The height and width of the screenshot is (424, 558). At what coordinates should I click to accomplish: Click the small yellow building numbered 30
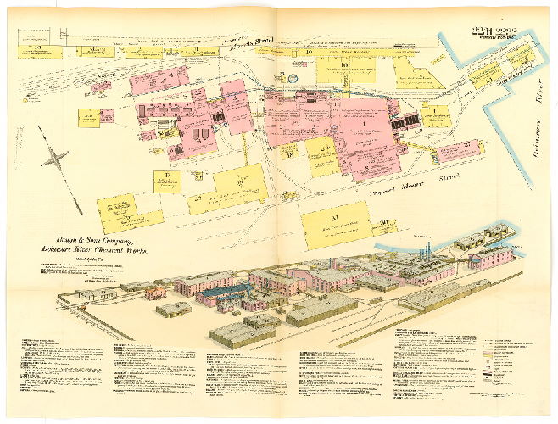386,224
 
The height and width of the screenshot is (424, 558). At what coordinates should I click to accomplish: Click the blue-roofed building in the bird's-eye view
221,293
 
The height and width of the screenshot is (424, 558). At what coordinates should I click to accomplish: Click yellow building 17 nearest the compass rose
168,181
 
